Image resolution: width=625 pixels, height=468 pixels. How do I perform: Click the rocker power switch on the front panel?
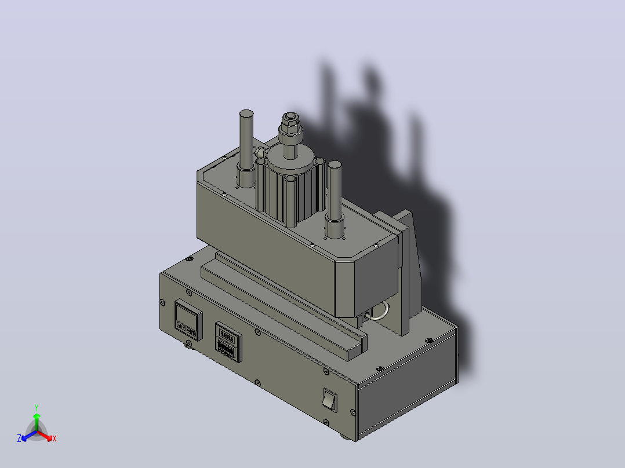pyautogui.click(x=330, y=400)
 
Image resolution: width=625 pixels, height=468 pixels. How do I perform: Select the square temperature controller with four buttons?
pyautogui.click(x=188, y=320)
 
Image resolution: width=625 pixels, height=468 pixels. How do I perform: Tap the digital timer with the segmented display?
pyautogui.click(x=228, y=342)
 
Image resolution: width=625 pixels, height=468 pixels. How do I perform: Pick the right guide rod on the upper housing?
pyautogui.click(x=335, y=190)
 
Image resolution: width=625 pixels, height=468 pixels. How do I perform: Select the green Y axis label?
pyautogui.click(x=37, y=408)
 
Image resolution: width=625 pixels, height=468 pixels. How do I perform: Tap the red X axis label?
pyautogui.click(x=54, y=438)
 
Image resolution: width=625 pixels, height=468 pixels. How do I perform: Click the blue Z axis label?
pyautogui.click(x=19, y=438)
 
